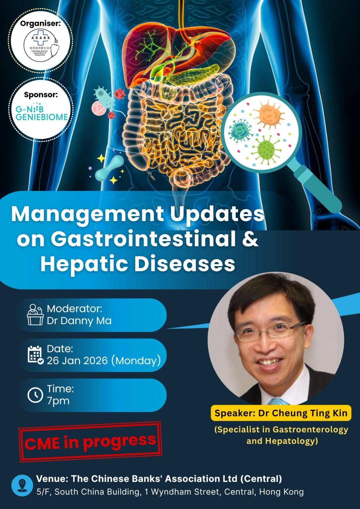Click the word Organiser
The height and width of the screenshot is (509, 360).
pos(40,24)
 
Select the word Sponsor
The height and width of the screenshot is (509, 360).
pos(41,94)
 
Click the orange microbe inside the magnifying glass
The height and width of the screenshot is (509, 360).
pos(269,115)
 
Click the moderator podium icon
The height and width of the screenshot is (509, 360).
pos(35,315)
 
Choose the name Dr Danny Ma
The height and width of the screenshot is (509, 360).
pos(79,321)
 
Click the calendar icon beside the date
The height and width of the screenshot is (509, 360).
pos(35,355)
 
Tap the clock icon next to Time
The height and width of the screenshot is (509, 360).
pos(35,395)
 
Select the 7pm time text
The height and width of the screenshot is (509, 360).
pos(58,401)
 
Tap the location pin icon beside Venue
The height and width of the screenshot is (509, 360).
pos(22,485)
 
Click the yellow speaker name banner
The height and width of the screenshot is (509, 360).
pos(281,413)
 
